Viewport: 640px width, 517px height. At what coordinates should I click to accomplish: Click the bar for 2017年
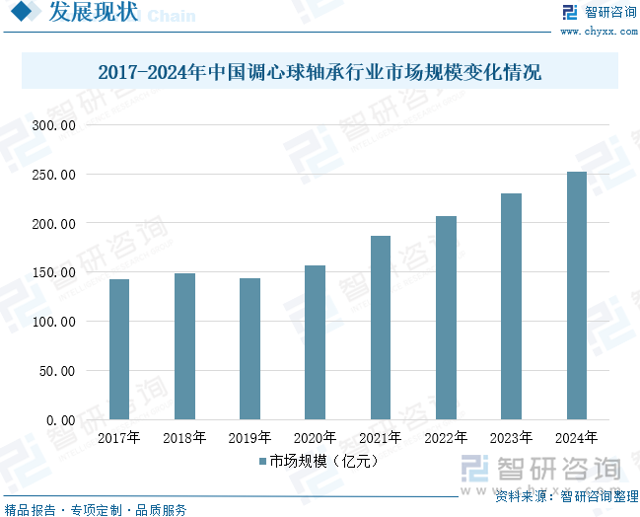119,349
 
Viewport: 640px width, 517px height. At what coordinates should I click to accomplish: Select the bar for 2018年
184,346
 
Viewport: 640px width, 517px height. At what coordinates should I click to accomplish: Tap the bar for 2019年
250,349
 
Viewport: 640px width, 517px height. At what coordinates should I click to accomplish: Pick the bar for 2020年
316,342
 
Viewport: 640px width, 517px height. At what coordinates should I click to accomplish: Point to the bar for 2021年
381,328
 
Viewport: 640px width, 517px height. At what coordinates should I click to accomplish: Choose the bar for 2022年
446,318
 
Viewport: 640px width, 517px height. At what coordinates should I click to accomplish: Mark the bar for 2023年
511,307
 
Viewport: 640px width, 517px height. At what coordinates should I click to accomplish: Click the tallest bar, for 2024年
576,296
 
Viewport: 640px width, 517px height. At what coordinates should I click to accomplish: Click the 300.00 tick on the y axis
53,125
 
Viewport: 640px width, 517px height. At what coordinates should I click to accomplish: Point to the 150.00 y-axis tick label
53,272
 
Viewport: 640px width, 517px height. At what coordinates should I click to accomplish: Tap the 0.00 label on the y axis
59,420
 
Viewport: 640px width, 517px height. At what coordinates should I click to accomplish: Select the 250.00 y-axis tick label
53,175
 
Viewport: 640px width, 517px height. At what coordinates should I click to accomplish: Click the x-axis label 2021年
381,437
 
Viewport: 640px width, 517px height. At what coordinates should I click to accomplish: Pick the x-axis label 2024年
576,437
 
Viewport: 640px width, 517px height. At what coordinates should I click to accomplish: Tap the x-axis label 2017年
119,437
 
